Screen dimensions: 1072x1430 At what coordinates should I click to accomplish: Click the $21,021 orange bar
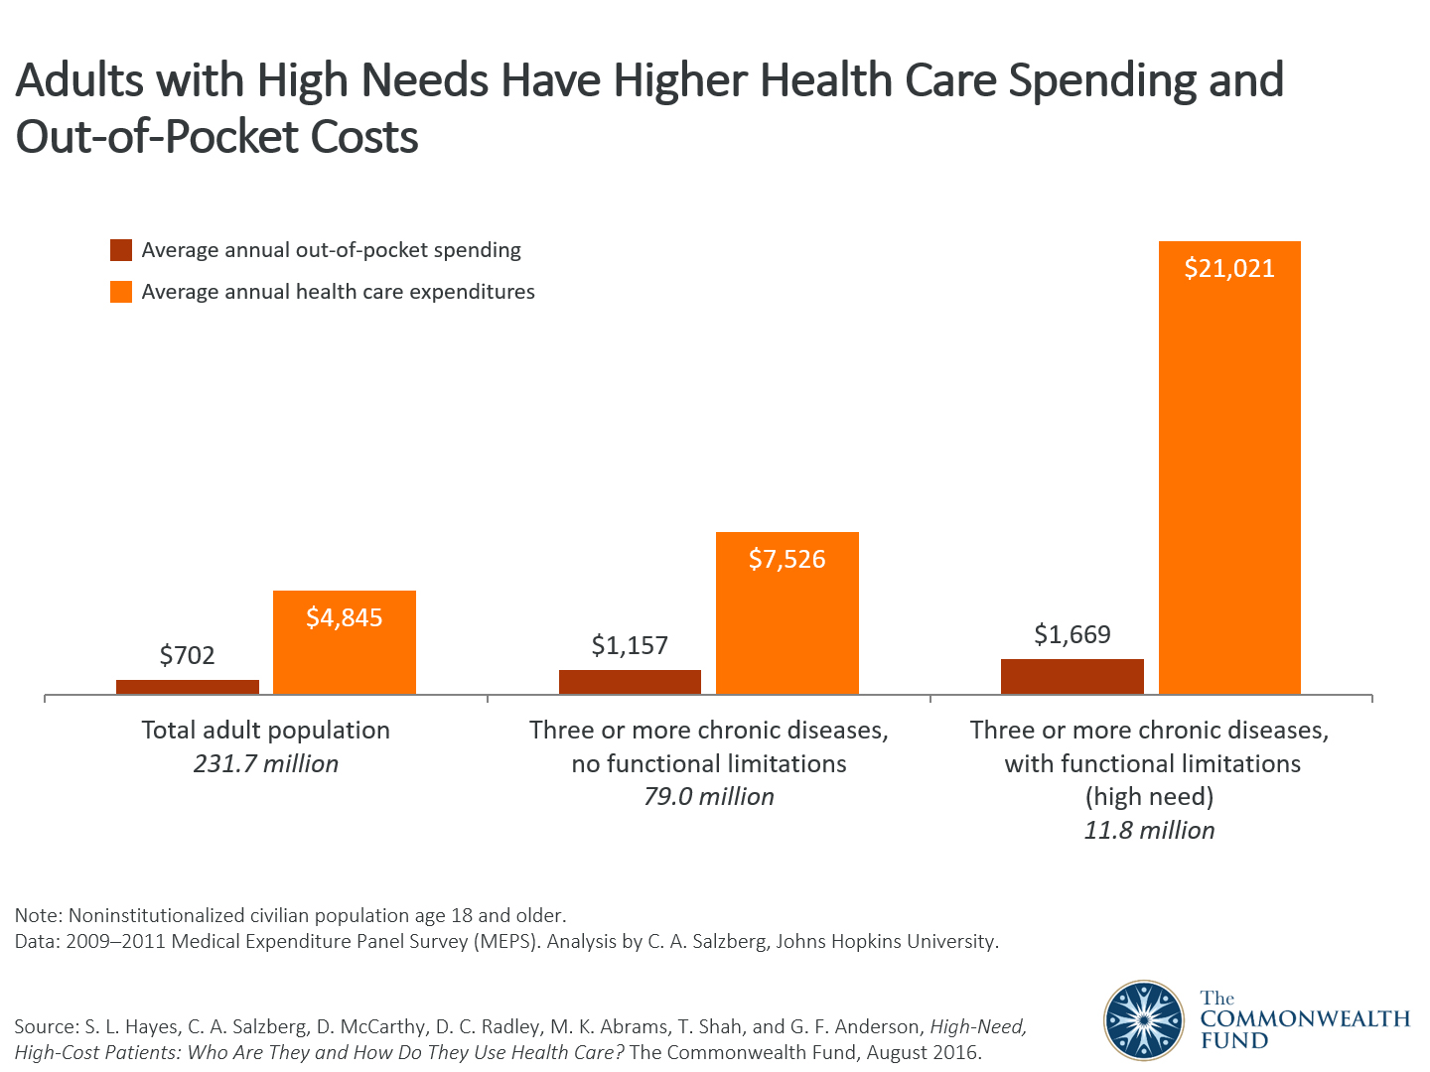pyautogui.click(x=1229, y=467)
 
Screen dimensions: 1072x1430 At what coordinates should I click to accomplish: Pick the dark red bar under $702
pyautogui.click(x=188, y=687)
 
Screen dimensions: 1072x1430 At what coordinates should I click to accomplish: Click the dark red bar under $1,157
pyautogui.click(x=630, y=682)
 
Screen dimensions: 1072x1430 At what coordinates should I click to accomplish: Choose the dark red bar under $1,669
pyautogui.click(x=1072, y=676)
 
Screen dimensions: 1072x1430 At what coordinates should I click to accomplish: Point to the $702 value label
pyautogui.click(x=188, y=655)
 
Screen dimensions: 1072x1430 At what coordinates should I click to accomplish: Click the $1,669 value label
pyautogui.click(x=1072, y=634)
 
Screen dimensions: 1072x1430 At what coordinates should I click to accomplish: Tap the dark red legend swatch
pyautogui.click(x=121, y=250)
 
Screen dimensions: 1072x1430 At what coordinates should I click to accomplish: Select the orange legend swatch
pyautogui.click(x=121, y=292)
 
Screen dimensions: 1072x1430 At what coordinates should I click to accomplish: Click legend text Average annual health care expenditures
pyautogui.click(x=338, y=292)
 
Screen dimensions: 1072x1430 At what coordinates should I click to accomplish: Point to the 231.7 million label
pyautogui.click(x=266, y=763)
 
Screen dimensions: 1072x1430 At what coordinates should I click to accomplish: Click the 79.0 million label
pyautogui.click(x=708, y=796)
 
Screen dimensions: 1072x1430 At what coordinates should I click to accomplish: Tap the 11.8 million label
pyautogui.click(x=1149, y=830)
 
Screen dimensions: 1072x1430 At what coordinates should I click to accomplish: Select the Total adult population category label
pyautogui.click(x=266, y=730)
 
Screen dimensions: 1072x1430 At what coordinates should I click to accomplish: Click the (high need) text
pyautogui.click(x=1149, y=796)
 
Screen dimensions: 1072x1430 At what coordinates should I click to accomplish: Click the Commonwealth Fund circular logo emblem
pyautogui.click(x=1144, y=1019)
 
